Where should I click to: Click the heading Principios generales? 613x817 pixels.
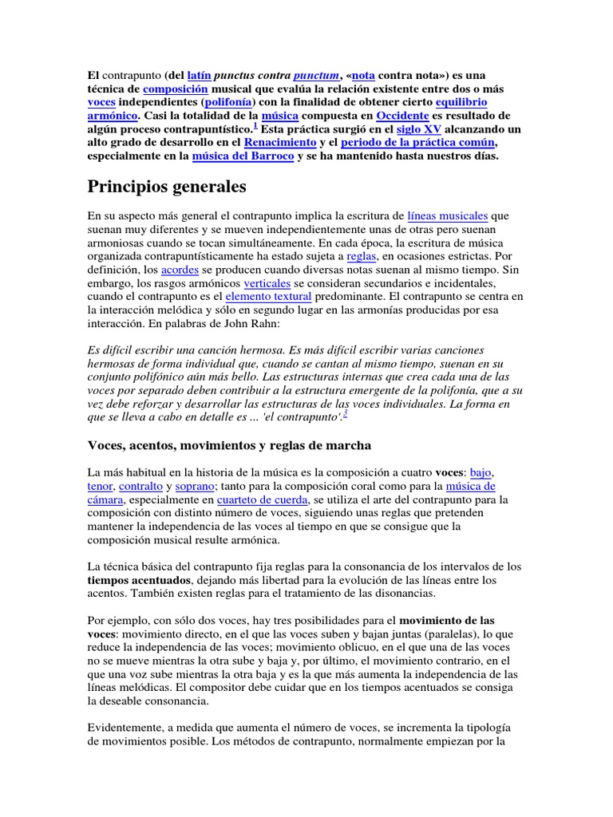pos(167,187)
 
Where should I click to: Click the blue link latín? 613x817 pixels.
pos(199,74)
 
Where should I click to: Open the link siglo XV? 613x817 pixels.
pos(418,128)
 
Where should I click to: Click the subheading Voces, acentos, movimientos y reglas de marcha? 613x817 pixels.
pos(229,444)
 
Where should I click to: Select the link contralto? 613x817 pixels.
pos(140,485)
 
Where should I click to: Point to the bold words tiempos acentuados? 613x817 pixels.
pos(138,580)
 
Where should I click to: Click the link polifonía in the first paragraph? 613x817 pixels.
pos(230,101)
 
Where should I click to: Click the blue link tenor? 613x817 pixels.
pos(100,485)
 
